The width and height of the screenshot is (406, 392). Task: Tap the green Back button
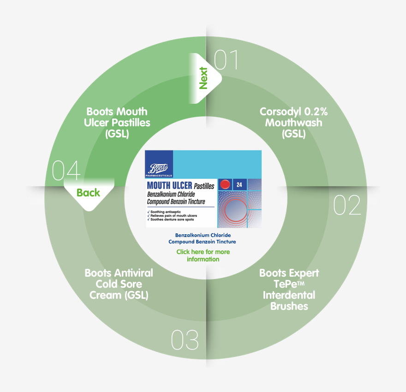88,192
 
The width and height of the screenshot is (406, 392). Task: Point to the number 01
226,60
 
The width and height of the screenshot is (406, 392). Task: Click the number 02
347,205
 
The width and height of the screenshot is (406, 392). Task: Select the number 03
185,340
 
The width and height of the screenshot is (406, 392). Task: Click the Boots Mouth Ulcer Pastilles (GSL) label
117,123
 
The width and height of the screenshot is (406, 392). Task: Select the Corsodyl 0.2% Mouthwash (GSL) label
291,123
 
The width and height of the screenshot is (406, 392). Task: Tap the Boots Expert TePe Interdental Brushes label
289,289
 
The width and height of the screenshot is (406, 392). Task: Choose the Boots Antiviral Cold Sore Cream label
119,284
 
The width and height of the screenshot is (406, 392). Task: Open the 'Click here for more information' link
203,255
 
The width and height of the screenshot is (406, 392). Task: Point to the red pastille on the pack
225,184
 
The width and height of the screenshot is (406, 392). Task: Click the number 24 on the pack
239,184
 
